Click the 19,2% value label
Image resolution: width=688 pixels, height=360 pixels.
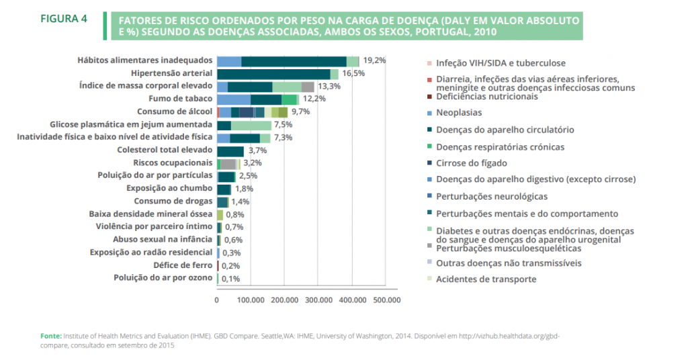coord(375,60)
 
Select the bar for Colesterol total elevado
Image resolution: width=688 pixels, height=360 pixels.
coord(230,151)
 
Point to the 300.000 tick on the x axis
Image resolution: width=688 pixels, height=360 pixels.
coord(318,300)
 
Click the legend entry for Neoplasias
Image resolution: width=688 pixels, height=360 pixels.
coord(460,113)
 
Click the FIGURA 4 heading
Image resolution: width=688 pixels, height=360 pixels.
coord(64,19)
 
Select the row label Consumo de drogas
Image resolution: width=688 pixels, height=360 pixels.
coord(173,201)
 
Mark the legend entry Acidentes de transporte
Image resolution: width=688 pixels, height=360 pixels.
coord(486,279)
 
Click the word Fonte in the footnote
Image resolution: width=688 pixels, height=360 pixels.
coord(51,335)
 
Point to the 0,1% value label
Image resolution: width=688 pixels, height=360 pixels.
coord(231,279)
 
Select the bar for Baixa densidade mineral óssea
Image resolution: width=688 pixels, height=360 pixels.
coord(220,214)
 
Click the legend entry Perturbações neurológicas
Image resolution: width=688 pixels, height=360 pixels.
coord(491,196)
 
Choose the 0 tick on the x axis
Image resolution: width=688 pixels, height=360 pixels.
coord(217,300)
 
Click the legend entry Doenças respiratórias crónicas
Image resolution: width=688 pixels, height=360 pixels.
coord(500,146)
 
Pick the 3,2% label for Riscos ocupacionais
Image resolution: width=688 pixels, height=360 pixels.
coord(252,163)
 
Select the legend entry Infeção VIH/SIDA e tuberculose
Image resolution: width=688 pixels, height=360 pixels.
coord(496,63)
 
